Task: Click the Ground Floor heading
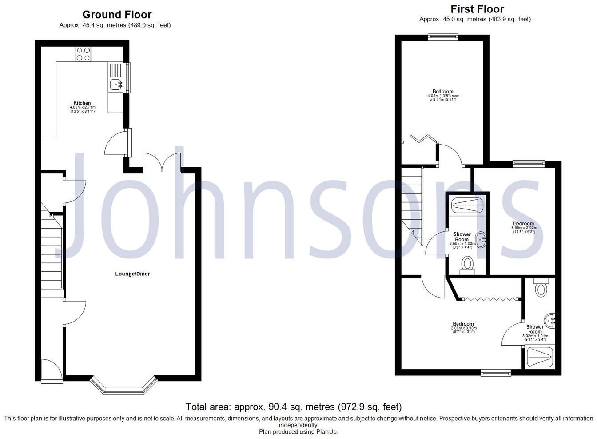[x=117, y=15]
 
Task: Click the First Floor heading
[x=477, y=9]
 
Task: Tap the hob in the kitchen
[x=83, y=54]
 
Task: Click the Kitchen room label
[x=82, y=103]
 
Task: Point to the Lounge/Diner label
[x=132, y=274]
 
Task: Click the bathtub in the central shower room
[x=467, y=205]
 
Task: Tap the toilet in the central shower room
[x=467, y=265]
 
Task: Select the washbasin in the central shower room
[x=481, y=240]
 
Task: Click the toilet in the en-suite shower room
[x=540, y=288]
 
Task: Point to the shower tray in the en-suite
[x=540, y=357]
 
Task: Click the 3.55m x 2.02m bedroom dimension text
[x=524, y=228]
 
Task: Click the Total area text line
[x=294, y=407]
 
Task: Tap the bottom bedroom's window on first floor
[x=496, y=373]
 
